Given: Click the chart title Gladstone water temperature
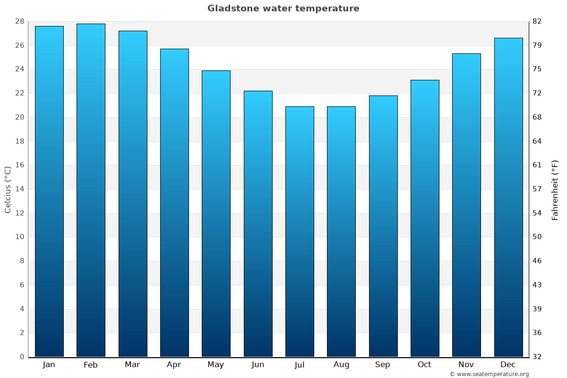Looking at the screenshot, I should click(283, 9).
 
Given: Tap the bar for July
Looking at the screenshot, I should click(300, 232).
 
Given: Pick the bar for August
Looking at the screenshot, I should click(341, 232).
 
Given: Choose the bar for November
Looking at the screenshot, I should click(466, 205).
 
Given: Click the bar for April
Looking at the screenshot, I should click(174, 203).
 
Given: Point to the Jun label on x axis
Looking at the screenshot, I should click(258, 365).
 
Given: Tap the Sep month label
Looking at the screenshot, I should click(383, 365).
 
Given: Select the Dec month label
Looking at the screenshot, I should click(508, 365).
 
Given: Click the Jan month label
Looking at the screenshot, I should click(49, 365).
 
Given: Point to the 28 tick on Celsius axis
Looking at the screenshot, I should click(19, 22).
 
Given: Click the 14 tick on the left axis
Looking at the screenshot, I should click(19, 189).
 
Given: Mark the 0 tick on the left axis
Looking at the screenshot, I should click(22, 357).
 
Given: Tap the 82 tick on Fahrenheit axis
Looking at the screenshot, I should click(537, 22).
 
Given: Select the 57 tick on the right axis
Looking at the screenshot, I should click(537, 189).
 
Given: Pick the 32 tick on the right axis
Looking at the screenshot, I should click(537, 357).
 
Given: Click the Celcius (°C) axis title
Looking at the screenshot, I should click(8, 189).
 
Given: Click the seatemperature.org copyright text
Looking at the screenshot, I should click(489, 374).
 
